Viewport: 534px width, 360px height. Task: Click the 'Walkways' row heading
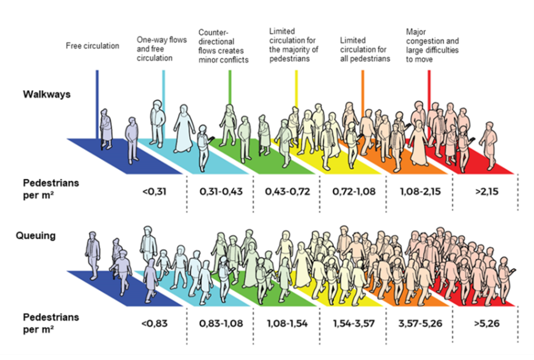point(47,93)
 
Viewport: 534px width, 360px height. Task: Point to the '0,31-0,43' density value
point(220,191)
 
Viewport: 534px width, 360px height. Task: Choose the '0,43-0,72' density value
point(287,191)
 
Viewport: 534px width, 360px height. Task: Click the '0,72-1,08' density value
point(354,191)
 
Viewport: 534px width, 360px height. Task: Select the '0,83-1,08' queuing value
point(220,322)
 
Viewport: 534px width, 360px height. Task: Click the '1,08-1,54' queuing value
point(287,322)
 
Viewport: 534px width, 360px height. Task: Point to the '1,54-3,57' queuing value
point(354,322)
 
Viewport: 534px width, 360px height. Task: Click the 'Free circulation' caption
point(92,46)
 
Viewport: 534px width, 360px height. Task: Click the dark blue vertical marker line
point(97,98)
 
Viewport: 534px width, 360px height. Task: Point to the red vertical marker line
point(429,87)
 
